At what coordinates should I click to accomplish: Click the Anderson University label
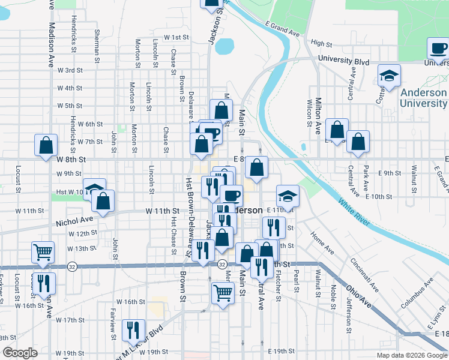[423, 98]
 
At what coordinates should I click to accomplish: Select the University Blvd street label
[343, 61]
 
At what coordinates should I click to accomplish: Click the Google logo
[20, 352]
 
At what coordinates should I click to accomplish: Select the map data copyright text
[411, 355]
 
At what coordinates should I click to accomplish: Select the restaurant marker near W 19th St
[133, 329]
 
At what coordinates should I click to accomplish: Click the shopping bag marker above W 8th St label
[46, 145]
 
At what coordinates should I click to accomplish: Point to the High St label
[322, 44]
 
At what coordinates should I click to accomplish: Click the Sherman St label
[97, 46]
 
